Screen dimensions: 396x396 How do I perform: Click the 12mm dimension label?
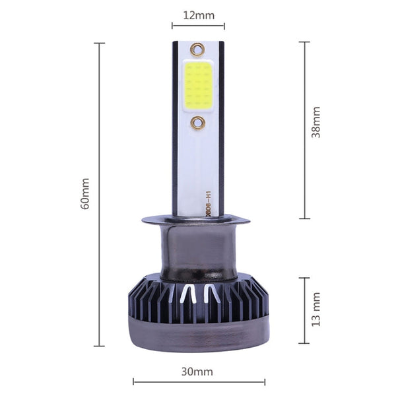(197, 15)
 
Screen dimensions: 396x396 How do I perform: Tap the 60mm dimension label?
(85, 194)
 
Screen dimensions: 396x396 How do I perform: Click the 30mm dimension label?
(197, 372)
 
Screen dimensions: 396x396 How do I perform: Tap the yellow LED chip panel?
(198, 86)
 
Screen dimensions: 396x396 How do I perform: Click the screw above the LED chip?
(197, 49)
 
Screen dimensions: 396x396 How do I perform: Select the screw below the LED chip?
(198, 123)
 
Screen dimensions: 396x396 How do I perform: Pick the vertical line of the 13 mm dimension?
(304, 310)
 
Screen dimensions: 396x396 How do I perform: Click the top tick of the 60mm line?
(100, 44)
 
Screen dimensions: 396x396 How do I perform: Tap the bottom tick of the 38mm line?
(304, 218)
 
